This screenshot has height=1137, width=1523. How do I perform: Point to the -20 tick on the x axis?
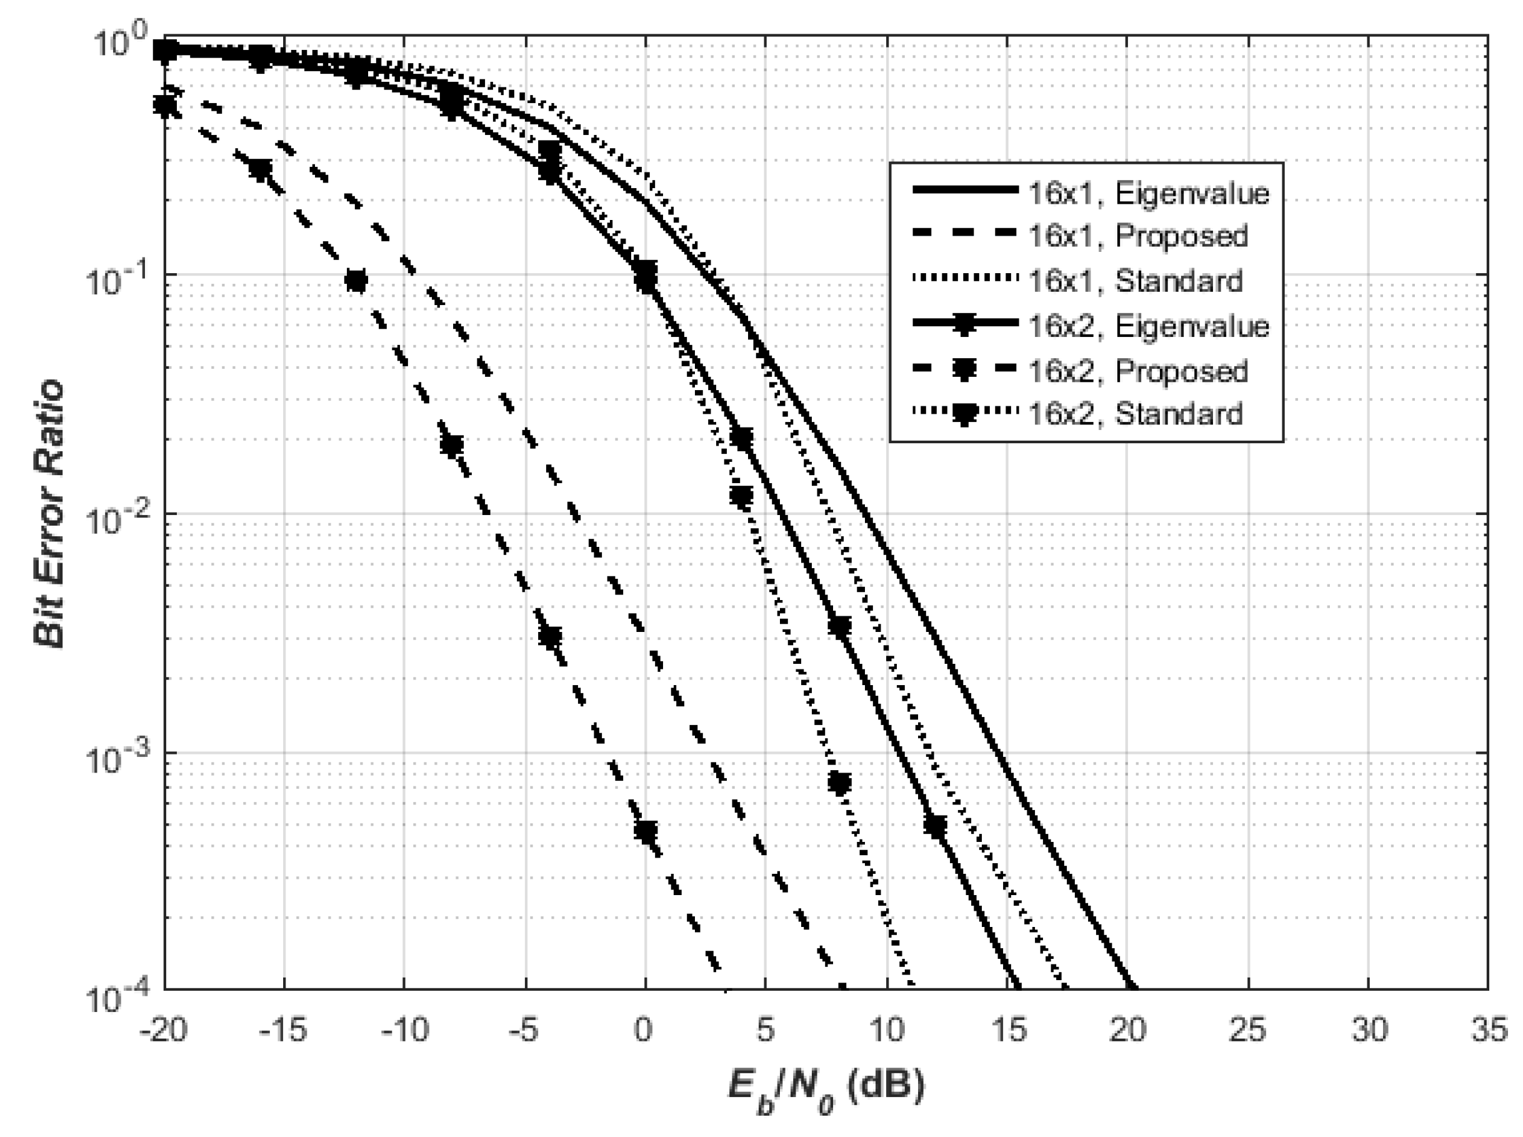(x=163, y=1030)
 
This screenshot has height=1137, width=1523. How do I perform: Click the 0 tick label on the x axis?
(x=644, y=1030)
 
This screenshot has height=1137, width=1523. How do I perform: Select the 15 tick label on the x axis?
(x=1007, y=1030)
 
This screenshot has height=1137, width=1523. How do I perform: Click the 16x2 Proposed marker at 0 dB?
(x=646, y=832)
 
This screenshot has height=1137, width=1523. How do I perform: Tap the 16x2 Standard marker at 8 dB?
(x=839, y=783)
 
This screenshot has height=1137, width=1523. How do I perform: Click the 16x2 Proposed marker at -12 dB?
(x=356, y=281)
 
